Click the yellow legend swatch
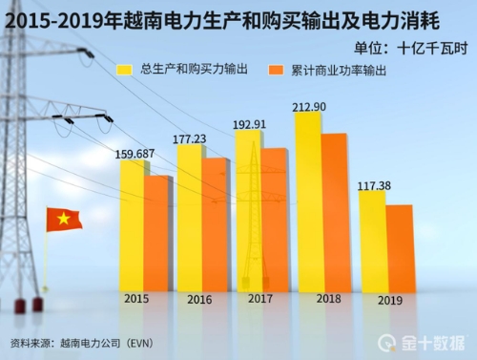click(x=124, y=70)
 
